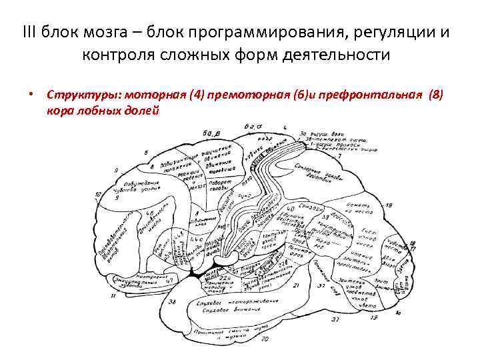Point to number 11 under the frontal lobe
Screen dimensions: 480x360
click(x=113, y=295)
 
